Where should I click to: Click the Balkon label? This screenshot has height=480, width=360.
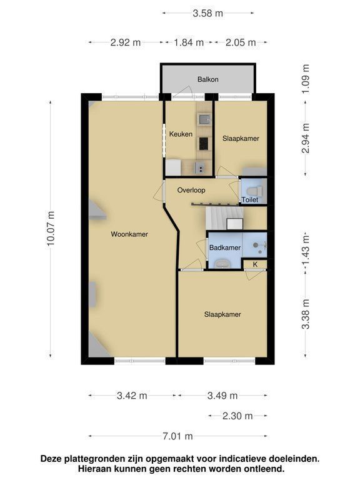(x=208, y=79)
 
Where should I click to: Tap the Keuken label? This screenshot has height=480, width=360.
(x=181, y=134)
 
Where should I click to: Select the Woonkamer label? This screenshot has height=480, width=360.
(x=129, y=234)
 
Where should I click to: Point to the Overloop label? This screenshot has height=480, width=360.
(x=191, y=190)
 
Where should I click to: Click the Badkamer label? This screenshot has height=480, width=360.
(x=225, y=247)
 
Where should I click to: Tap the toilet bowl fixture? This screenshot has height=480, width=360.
(x=255, y=191)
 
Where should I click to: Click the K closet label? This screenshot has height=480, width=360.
(x=255, y=264)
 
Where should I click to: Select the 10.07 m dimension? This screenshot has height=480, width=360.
(x=51, y=228)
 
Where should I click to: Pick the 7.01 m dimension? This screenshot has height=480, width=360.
(x=177, y=436)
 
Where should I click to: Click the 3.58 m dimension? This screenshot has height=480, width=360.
(x=208, y=13)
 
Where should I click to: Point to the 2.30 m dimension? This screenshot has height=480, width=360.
(x=237, y=416)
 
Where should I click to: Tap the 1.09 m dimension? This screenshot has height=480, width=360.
(x=306, y=79)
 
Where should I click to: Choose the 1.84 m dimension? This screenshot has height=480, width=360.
(x=189, y=42)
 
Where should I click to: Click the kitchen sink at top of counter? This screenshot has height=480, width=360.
(x=204, y=119)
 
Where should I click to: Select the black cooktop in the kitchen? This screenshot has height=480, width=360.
(x=204, y=144)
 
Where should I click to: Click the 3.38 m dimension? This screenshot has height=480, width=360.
(x=306, y=314)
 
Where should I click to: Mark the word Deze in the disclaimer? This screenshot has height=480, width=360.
(x=52, y=459)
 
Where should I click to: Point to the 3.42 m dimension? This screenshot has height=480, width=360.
(x=132, y=396)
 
